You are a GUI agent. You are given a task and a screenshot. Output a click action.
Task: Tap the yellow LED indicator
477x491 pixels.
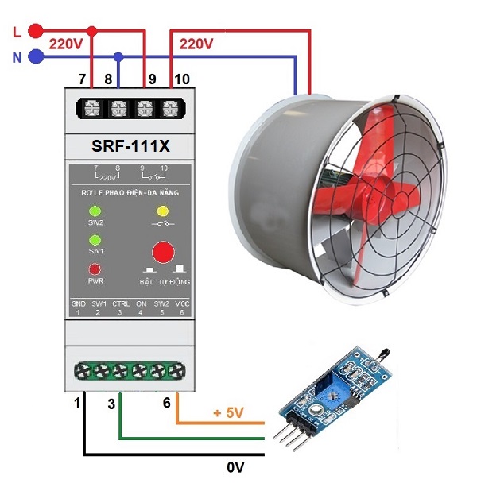(163, 211)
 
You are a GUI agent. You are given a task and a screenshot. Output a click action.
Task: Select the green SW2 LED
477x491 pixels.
(95, 211)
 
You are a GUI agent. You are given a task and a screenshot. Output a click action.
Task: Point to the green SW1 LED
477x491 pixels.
(95, 240)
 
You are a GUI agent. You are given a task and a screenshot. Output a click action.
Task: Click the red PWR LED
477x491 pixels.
(95, 269)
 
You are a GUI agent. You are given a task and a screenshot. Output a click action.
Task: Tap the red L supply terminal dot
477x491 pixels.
(35, 31)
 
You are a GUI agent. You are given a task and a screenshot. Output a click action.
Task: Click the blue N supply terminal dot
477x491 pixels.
(35, 56)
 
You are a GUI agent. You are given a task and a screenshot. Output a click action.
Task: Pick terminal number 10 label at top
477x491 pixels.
(182, 79)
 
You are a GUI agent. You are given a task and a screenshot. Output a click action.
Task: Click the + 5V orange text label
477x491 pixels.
(227, 414)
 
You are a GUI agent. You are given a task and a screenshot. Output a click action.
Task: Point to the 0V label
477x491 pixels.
(235, 467)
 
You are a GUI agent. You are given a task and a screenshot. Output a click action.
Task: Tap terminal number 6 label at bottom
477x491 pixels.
(167, 403)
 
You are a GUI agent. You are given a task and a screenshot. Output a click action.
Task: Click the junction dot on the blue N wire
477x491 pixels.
(118, 56)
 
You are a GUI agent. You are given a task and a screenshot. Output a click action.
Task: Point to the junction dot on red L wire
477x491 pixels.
(92, 31)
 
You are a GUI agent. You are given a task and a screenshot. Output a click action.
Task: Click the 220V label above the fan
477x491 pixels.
(196, 44)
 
